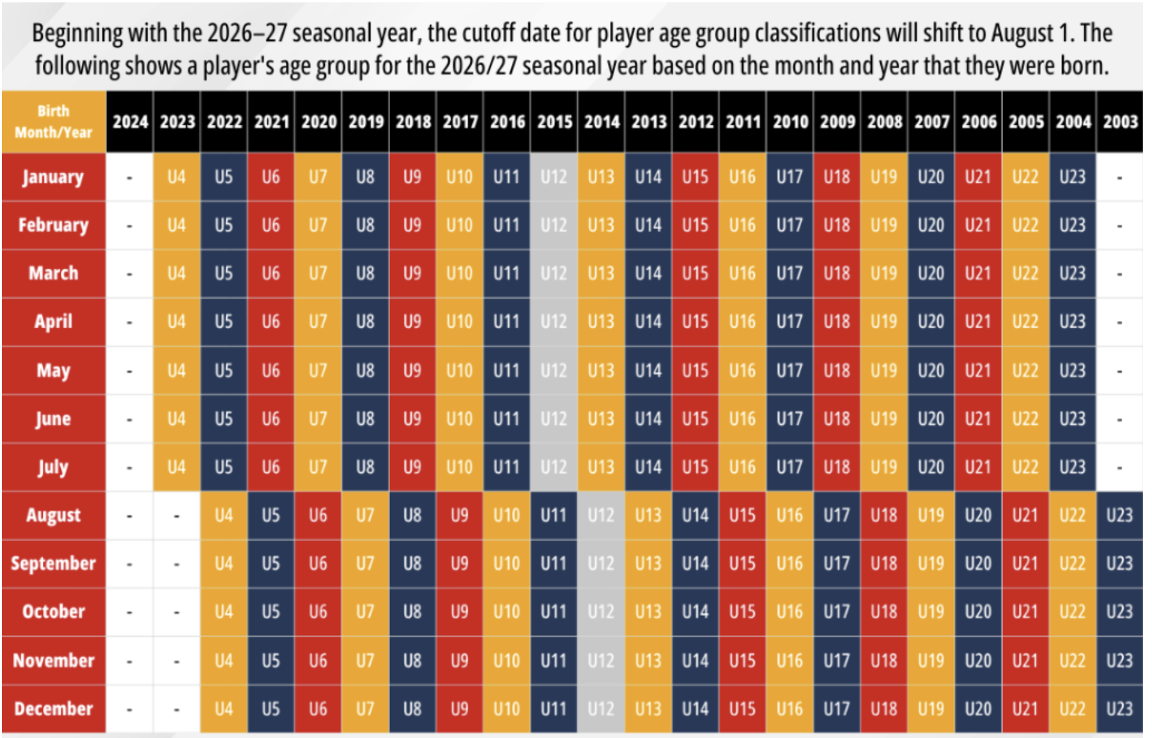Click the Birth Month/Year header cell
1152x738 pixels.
point(54,122)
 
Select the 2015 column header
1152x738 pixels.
point(554,122)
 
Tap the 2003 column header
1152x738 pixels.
point(1120,122)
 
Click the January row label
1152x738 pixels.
point(54,177)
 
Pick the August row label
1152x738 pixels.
point(54,515)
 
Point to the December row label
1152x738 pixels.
point(54,709)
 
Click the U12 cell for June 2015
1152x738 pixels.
point(554,419)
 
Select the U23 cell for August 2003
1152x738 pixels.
point(1120,515)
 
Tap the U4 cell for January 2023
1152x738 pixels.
point(176,177)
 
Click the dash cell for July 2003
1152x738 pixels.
point(1120,467)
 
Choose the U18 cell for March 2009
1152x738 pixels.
point(837,274)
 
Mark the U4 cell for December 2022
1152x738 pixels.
point(224,709)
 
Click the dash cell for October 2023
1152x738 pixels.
point(176,612)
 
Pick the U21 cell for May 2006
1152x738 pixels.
point(978,371)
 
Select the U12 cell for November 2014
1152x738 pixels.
point(601,661)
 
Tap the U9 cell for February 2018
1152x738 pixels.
point(412,225)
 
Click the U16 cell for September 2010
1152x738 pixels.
point(790,563)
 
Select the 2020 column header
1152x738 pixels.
point(318,122)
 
